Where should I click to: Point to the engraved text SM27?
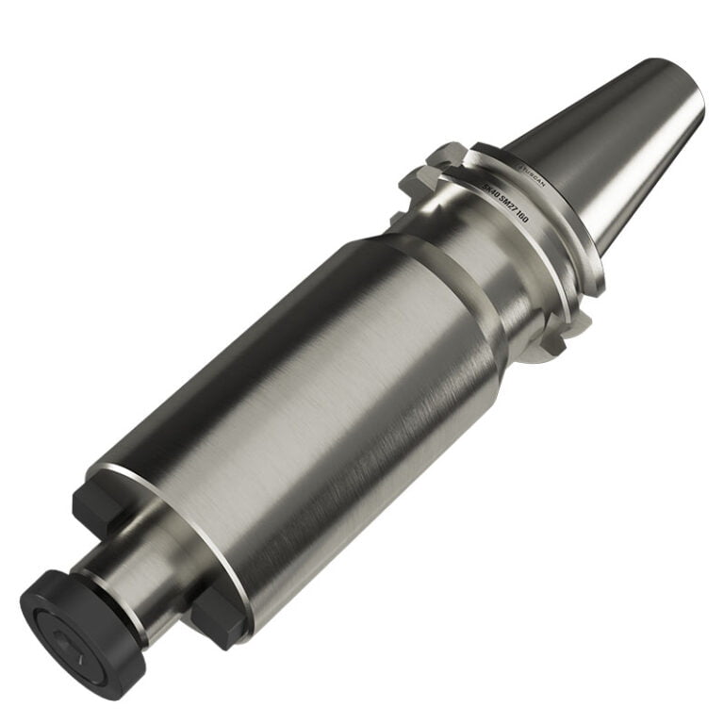(507, 209)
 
